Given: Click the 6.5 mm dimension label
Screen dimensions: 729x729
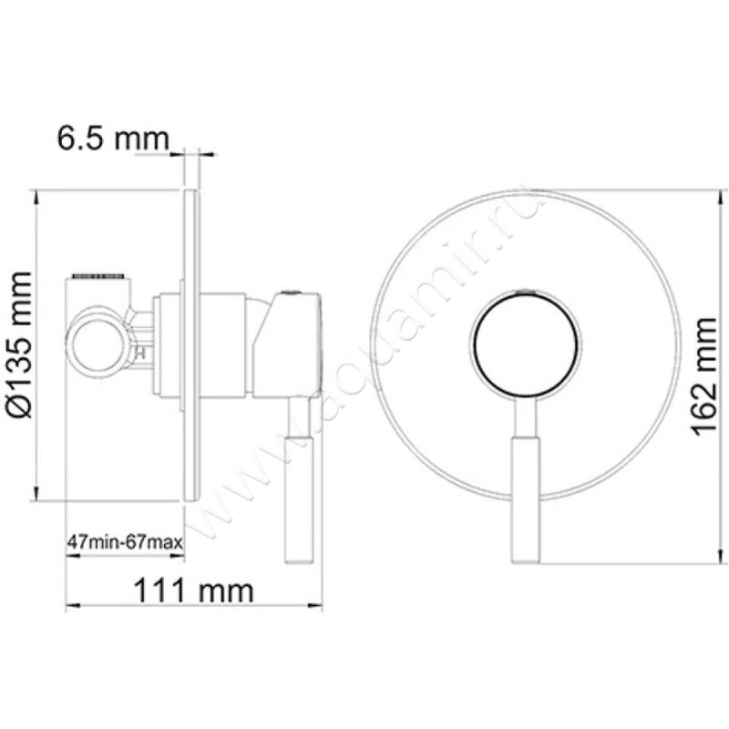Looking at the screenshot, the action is pos(113,139).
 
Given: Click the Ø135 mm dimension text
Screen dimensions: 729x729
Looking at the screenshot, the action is pos(19,344).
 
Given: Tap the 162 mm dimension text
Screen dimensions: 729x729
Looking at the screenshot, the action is pos(704,377).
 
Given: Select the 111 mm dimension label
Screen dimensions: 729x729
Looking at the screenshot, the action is pos(193,590).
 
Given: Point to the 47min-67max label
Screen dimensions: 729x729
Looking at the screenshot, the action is pos(125,542).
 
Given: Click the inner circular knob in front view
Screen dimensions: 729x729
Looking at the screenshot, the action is pos(527,344).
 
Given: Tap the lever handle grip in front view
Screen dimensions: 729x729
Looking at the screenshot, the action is pos(527,500).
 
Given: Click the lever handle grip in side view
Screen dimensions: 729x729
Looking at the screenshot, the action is pos(301,500).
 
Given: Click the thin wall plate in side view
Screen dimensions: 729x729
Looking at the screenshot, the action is pos(191,345).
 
